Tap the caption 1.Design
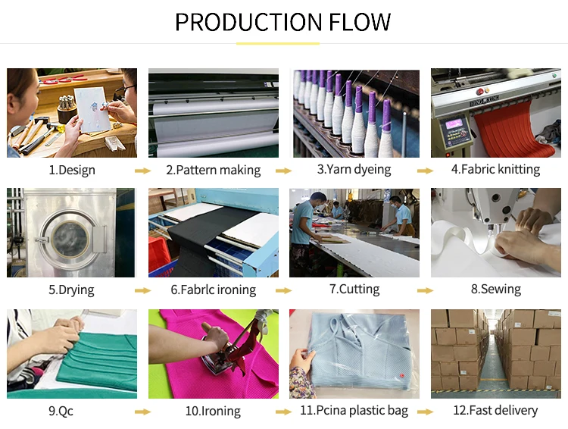(72, 171)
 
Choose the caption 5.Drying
(72, 290)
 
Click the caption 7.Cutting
(354, 290)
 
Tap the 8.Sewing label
(495, 289)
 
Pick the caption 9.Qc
(61, 411)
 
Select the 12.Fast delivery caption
(495, 411)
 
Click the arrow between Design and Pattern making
(142, 171)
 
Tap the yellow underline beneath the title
(283, 42)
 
